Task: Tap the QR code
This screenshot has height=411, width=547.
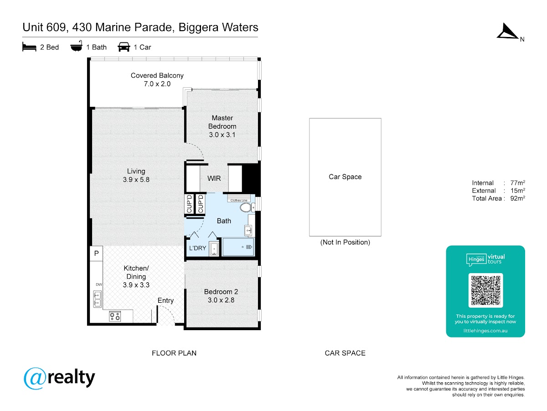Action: click(x=485, y=290)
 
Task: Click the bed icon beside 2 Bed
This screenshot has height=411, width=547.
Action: click(x=29, y=47)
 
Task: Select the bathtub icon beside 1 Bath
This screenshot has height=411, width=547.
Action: click(x=76, y=46)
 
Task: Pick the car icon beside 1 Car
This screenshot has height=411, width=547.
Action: click(x=124, y=47)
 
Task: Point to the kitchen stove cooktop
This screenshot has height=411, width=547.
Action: click(x=115, y=316)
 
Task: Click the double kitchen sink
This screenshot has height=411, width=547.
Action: click(x=97, y=299)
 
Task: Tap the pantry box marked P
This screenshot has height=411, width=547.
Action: click(x=97, y=253)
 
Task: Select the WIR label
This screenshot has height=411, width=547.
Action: click(x=214, y=179)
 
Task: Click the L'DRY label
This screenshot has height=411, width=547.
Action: click(x=198, y=248)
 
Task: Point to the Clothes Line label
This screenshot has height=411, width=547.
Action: click(x=239, y=200)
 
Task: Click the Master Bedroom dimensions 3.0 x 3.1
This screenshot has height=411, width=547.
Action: click(x=222, y=135)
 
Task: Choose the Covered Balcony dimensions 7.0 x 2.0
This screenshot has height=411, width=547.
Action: click(x=157, y=84)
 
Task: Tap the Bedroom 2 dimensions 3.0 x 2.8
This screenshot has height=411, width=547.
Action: click(x=221, y=300)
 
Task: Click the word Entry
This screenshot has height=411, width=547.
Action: click(x=165, y=300)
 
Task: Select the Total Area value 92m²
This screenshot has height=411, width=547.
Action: click(x=517, y=198)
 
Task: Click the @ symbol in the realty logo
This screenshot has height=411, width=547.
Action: click(x=35, y=378)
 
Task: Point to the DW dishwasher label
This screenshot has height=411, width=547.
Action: click(x=99, y=285)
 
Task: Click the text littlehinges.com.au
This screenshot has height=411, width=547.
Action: click(x=485, y=331)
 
